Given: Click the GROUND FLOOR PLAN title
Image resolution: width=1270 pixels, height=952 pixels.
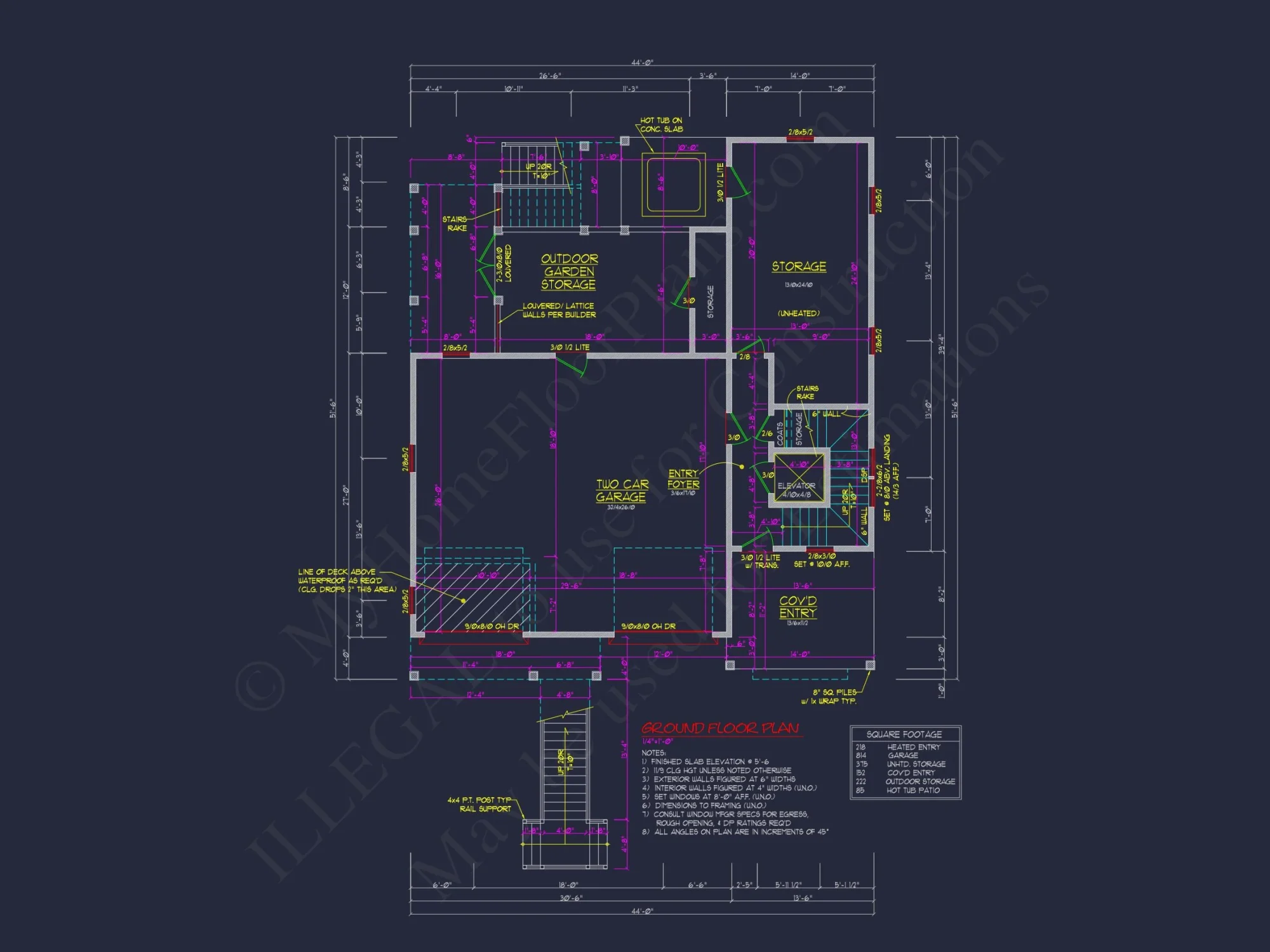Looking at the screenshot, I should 719,729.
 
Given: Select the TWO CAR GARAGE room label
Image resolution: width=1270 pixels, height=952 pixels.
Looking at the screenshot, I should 621,491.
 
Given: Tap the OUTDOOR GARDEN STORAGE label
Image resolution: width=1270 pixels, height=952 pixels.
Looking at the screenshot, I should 568,272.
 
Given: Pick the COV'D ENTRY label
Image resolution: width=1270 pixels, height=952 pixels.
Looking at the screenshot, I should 798,607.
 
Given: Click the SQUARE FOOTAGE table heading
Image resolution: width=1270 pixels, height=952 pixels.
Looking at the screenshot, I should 904,734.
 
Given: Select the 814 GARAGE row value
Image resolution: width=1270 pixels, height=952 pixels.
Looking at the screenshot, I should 861,755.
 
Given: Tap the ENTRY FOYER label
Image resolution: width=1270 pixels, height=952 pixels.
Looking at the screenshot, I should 683,479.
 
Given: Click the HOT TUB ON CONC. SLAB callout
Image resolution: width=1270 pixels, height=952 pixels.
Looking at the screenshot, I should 661,124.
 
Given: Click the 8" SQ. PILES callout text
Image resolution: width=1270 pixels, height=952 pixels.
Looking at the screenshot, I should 834,696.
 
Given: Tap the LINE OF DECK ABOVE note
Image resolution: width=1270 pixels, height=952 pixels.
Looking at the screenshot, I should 346,581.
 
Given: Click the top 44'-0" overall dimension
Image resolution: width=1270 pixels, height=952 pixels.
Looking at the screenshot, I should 642,62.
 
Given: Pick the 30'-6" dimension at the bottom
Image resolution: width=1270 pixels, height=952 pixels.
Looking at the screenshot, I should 570,898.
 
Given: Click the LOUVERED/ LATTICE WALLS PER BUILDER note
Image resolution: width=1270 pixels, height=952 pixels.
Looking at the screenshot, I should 559,310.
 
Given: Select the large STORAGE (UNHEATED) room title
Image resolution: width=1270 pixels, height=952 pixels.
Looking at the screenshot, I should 799,267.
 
